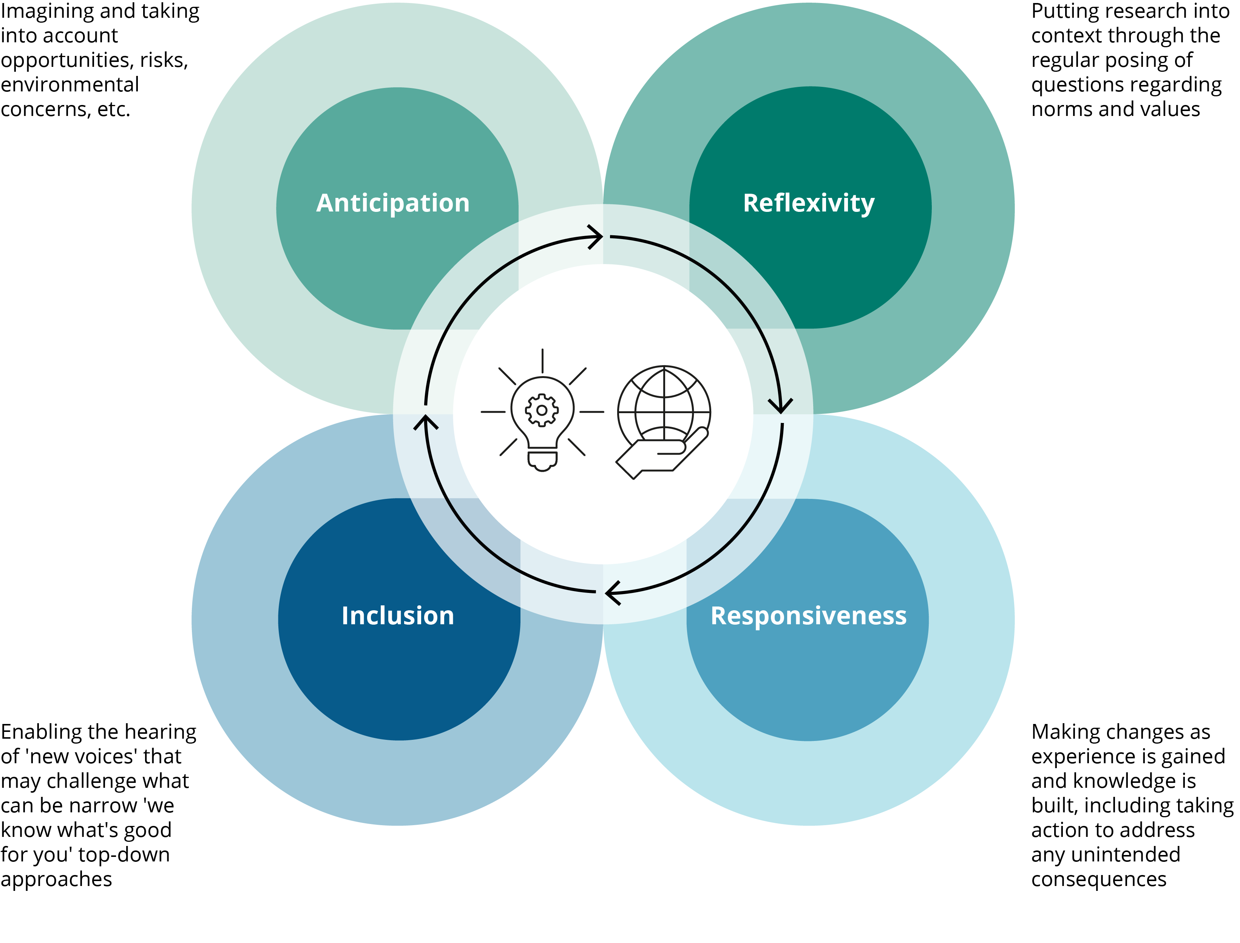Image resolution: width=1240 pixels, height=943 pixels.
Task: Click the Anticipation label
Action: (393, 203)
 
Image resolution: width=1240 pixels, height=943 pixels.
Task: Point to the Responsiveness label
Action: (808, 616)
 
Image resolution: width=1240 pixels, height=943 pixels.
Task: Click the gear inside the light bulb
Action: (542, 410)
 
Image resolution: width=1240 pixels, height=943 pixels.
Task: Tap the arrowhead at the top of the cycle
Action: (596, 237)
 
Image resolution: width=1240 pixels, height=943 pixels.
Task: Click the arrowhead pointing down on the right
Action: (780, 405)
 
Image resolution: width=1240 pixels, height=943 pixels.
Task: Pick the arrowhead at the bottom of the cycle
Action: (612, 593)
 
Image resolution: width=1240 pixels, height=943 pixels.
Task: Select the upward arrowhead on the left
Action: (426, 422)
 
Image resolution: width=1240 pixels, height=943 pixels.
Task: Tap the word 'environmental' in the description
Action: (69, 85)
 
